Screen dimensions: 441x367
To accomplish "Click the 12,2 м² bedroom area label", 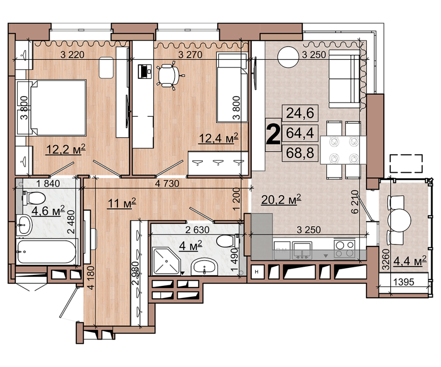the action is tap(66, 149).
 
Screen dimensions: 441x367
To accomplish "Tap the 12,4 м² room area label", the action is tap(219, 138).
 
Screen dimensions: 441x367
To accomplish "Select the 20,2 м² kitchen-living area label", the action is tap(281, 199).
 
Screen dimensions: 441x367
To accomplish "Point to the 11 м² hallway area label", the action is tap(122, 203).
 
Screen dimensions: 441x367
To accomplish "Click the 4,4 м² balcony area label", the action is tap(410, 261).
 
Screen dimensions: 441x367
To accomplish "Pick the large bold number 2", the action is tap(273, 135).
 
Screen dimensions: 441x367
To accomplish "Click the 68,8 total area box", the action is tap(300, 153).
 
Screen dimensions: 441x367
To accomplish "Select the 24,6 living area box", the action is tap(300, 113).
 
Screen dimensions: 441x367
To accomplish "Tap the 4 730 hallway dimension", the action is tap(167, 183).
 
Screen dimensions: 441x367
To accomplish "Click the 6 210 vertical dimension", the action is tap(355, 201).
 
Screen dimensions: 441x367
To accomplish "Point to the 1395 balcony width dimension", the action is tap(404, 282).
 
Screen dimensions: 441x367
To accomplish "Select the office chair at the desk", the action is tap(169, 76).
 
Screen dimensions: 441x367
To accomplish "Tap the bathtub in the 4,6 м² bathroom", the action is tap(46, 251).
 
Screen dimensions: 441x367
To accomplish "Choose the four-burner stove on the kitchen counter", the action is tap(344, 248).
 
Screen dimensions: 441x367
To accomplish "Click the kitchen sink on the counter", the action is tap(302, 249).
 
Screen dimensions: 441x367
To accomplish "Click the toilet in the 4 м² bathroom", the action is tap(228, 241).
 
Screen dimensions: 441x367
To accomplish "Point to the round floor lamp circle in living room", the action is tap(288, 57).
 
